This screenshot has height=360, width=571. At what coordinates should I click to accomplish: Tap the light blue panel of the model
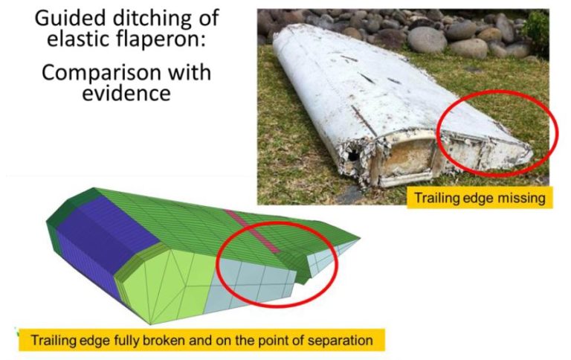253,286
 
